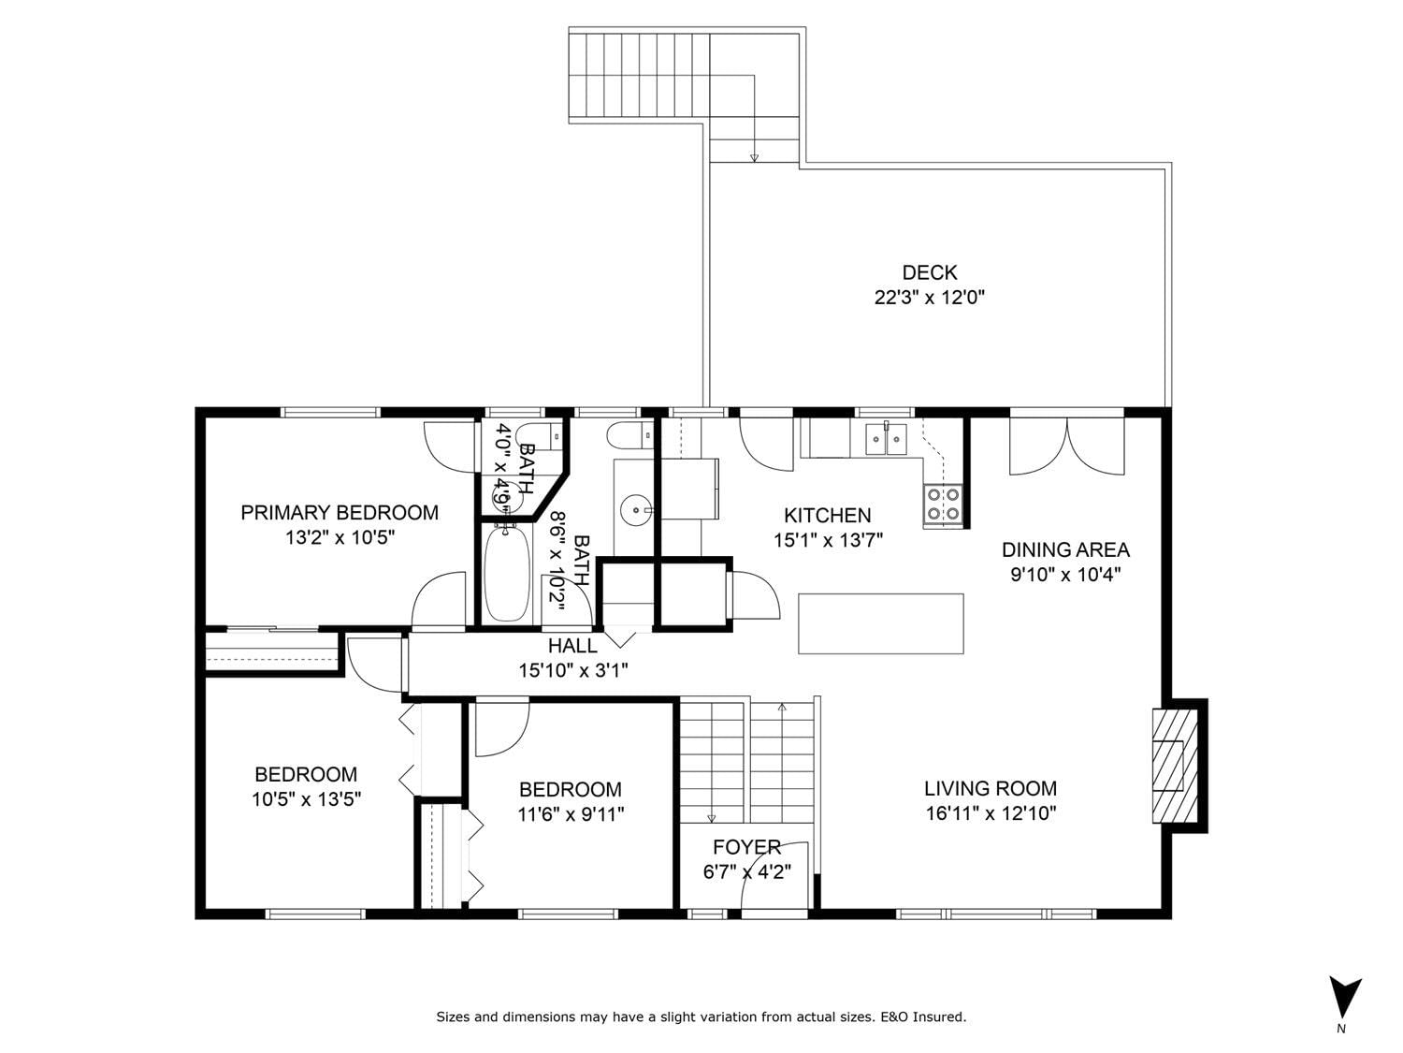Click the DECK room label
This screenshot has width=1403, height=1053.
930,272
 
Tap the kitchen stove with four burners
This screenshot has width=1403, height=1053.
943,505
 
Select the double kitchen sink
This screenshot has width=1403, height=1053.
887,439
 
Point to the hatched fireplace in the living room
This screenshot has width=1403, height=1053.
1175,766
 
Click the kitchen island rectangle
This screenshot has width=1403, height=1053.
881,623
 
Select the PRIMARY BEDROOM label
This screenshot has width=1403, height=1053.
340,512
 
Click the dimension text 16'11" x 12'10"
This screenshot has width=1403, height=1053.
991,813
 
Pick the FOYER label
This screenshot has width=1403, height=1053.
746,847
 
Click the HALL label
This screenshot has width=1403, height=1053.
572,645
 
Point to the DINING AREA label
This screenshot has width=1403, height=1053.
1065,549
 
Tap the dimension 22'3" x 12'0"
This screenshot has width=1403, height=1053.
930,298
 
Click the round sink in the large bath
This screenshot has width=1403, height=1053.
635,509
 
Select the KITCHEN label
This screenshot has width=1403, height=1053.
827,516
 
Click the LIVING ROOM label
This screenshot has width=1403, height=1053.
991,788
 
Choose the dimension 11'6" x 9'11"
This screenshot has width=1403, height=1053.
571,814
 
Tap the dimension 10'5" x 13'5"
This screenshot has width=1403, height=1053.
306,799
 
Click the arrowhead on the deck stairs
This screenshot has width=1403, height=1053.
754,158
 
